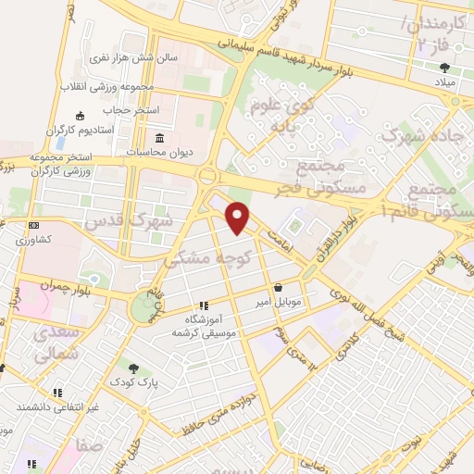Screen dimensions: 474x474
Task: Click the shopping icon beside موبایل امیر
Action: click(x=279, y=288)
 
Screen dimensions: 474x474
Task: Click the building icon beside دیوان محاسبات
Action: click(x=159, y=139)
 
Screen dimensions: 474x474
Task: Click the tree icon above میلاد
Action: click(x=445, y=67)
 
